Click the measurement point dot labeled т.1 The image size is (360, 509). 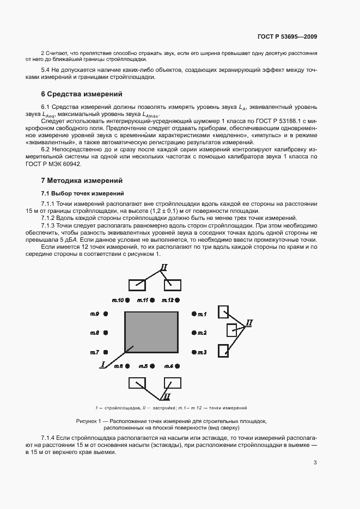click(x=194, y=314)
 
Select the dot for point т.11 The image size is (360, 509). click(x=154, y=300)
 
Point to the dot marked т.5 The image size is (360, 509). click(x=154, y=366)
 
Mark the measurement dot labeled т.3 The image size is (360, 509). click(x=194, y=352)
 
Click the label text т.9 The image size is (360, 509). click(x=95, y=314)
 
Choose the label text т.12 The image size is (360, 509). click(x=167, y=300)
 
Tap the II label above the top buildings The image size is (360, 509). click(x=164, y=267)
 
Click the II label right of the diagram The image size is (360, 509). click(x=249, y=323)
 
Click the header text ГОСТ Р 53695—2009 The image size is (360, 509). click(x=287, y=36)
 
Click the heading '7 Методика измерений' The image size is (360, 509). click(x=82, y=180)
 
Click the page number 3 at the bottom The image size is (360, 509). click(x=315, y=463)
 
